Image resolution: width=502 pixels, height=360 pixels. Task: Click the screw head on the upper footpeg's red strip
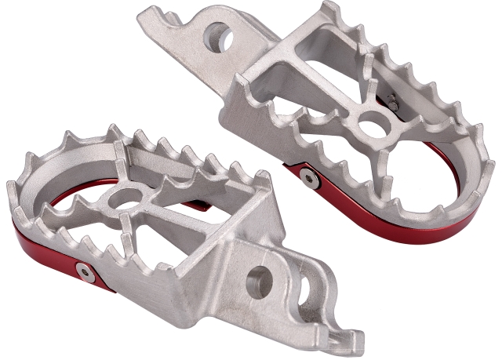point(311,180)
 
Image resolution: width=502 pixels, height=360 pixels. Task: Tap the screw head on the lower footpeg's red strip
point(84,271)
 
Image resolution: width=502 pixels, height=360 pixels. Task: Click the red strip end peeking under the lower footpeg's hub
point(199,207)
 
